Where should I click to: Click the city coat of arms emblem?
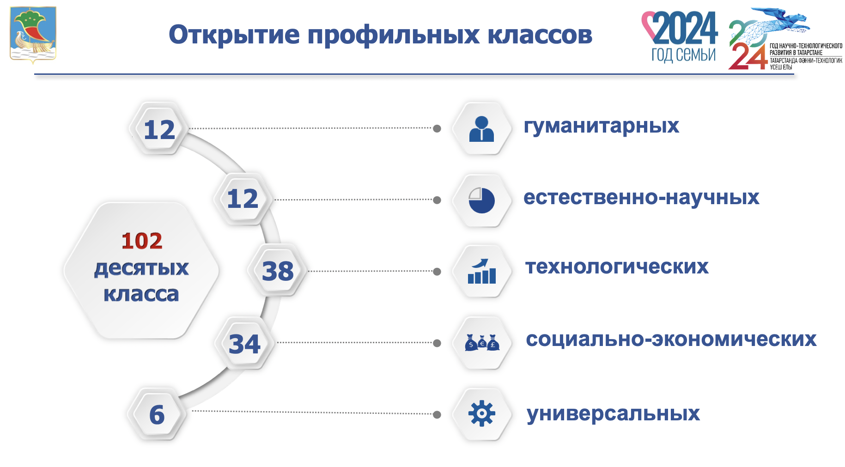pyautogui.click(x=33, y=34)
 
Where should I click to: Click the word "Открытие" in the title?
pyautogui.click(x=234, y=35)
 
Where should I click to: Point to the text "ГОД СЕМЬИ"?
pyautogui.click(x=683, y=55)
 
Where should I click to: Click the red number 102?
pyautogui.click(x=142, y=241)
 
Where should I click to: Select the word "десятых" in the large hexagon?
pyautogui.click(x=141, y=268)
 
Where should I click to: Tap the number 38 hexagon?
pyautogui.click(x=278, y=271)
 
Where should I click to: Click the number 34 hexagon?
pyautogui.click(x=245, y=344)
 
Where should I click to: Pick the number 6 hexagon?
pyautogui.click(x=157, y=414)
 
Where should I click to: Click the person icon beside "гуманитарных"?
pyautogui.click(x=481, y=128)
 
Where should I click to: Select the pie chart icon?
pyautogui.click(x=481, y=200)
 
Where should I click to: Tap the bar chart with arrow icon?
pyautogui.click(x=481, y=271)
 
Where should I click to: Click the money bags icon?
pyautogui.click(x=482, y=343)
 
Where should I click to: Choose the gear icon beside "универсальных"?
pyautogui.click(x=481, y=413)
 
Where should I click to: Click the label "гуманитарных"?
pyautogui.click(x=601, y=126)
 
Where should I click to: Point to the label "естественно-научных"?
pyautogui.click(x=641, y=198)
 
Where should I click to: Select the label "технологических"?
pyautogui.click(x=617, y=267)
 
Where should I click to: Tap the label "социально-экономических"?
pyautogui.click(x=671, y=340)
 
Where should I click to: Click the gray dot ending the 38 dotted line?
pyautogui.click(x=437, y=272)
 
